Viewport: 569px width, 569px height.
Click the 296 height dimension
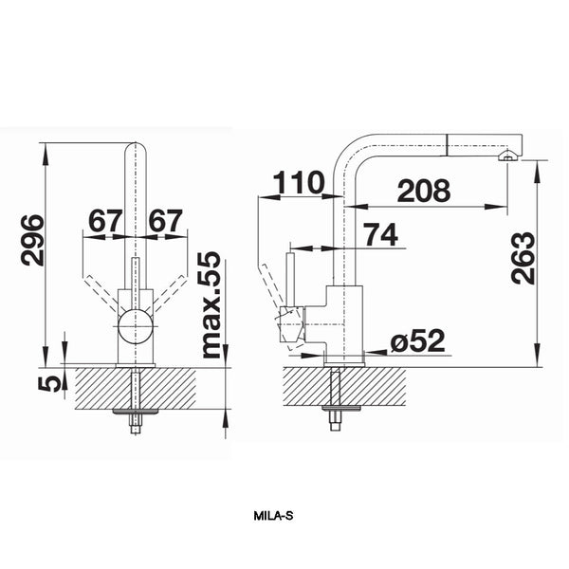tap(32, 241)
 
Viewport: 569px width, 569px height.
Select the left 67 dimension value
tap(104, 221)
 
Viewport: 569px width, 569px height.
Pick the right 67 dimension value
tap(166, 221)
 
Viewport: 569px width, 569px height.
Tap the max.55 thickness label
tap(211, 304)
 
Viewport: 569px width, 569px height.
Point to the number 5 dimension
tap(49, 384)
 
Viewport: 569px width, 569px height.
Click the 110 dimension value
tap(299, 182)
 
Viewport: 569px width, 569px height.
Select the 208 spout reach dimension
tap(424, 191)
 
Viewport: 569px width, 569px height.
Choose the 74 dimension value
tap(380, 234)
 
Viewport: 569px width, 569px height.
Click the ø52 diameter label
tap(417, 340)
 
